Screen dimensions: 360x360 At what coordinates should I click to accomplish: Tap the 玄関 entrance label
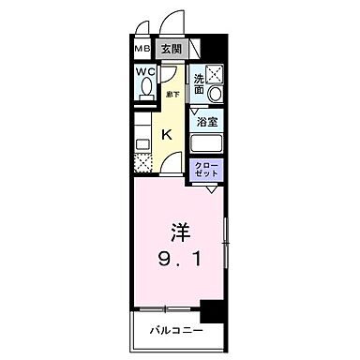pos(170,49)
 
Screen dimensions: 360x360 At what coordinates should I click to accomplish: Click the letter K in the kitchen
pos(167,135)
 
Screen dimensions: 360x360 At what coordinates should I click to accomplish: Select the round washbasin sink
pos(216,95)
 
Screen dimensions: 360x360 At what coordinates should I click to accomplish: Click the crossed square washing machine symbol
pos(216,74)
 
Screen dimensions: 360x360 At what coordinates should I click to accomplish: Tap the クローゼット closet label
pos(206,172)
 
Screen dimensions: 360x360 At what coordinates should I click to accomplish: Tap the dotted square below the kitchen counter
pos(142,163)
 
